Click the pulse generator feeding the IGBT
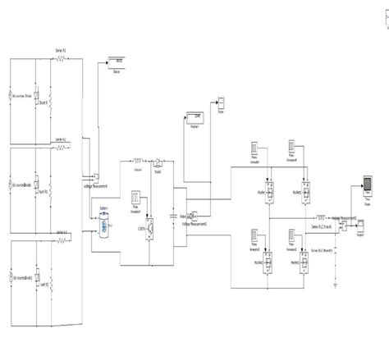coord(137,197)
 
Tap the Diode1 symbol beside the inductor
coord(162,162)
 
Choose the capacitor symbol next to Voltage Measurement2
coord(173,215)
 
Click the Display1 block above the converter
coord(194,117)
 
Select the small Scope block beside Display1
coord(222,102)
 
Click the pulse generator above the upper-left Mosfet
coord(254,150)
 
